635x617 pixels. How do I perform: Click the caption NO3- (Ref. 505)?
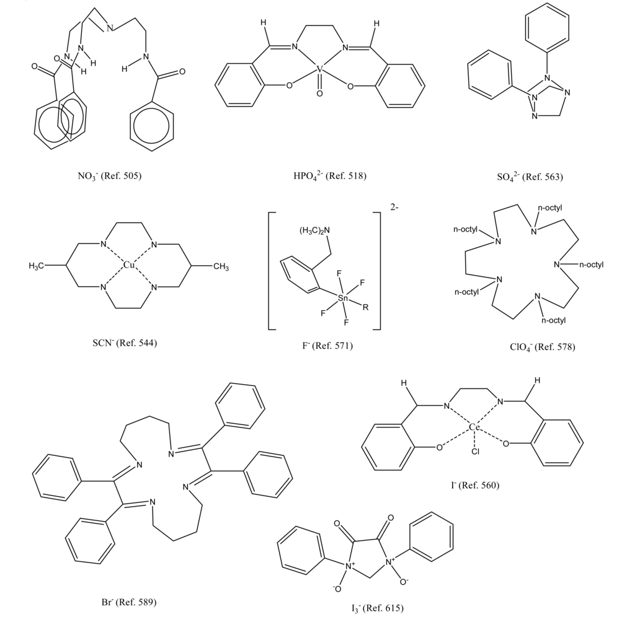(110, 176)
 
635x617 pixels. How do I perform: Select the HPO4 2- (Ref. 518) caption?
(330, 176)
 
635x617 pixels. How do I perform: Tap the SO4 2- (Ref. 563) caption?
(530, 177)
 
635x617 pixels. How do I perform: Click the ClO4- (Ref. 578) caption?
(542, 347)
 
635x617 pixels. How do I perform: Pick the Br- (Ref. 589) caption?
(128, 601)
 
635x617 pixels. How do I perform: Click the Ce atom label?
(474, 427)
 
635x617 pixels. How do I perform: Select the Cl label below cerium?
(475, 452)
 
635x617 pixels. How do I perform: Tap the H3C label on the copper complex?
(39, 266)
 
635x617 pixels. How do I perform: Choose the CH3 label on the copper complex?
(221, 266)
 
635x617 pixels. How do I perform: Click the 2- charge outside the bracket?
(394, 208)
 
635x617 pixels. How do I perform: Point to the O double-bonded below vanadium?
(319, 95)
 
